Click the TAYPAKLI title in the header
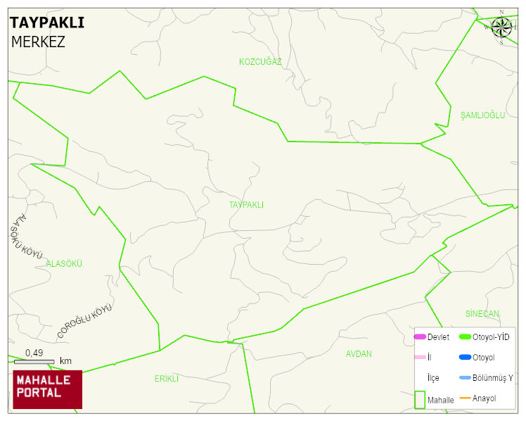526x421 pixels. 47,23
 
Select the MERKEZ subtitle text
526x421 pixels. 38,42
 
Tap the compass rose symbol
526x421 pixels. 501,27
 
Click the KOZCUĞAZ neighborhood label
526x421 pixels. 260,62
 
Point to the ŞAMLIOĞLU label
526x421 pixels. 482,115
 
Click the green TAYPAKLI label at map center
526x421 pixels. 246,205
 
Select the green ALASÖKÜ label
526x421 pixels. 64,263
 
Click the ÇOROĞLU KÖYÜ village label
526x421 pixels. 85,321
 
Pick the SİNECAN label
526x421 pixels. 482,313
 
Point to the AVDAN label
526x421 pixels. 359,354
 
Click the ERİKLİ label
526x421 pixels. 167,379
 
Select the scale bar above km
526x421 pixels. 34,362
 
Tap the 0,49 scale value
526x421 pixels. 34,353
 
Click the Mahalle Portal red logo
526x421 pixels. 48,389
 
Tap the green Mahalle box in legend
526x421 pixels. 420,399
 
